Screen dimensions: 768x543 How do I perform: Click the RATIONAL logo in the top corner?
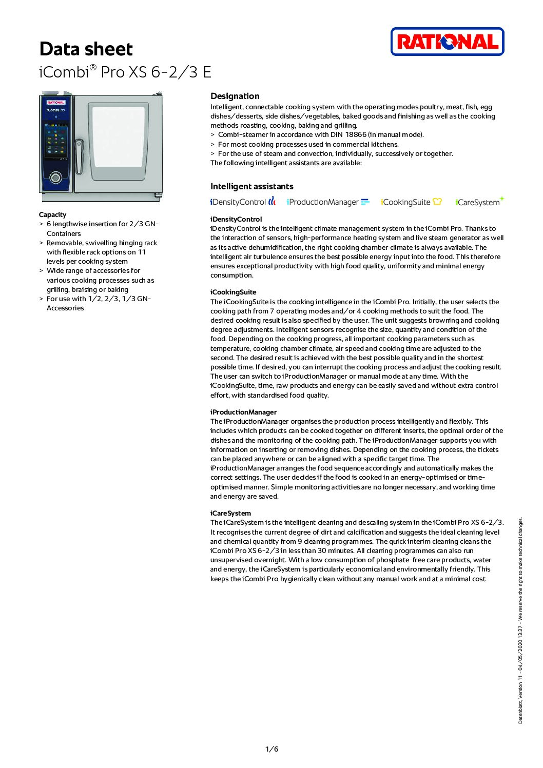coord(447,42)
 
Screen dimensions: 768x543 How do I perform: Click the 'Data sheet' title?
coord(86,49)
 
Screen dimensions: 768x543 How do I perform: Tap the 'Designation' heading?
coord(235,96)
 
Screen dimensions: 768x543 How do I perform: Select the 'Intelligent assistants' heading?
coord(251,186)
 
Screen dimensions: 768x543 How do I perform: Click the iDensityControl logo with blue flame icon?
coord(242,202)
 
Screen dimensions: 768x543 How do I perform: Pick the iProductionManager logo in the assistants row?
coord(327,202)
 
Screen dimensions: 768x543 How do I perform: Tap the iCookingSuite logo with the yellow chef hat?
coord(411,202)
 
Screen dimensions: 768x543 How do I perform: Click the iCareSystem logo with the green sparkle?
coord(479,202)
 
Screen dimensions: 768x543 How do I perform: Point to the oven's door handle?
coord(79,156)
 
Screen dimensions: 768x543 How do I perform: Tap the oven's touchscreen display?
coord(56,140)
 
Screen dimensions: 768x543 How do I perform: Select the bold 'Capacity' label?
coord(52,214)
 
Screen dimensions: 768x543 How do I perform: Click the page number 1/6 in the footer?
coord(271,749)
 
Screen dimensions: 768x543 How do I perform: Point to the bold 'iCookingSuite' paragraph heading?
coord(233,292)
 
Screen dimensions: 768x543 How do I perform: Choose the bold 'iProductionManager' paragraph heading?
coord(243,412)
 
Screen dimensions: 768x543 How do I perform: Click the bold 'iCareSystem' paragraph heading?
coord(230,513)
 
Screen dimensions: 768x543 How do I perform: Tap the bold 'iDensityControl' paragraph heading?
coord(236,219)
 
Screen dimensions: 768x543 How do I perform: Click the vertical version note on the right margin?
coord(520,621)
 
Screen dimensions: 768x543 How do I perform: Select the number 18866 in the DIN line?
coord(355,135)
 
